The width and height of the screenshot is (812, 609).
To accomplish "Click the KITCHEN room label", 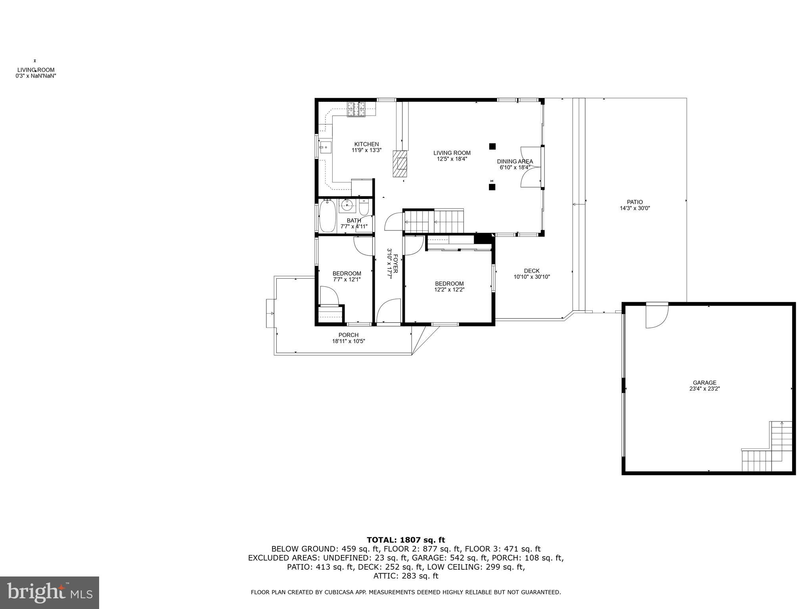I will (366, 144).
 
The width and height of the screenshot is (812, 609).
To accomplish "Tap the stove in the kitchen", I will (356, 109).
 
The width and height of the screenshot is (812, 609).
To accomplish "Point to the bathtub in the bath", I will (327, 216).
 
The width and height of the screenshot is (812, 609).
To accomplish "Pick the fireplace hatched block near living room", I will (400, 163).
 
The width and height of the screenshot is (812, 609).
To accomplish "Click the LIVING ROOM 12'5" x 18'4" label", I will (452, 156).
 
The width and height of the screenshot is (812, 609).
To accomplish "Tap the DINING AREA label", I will (515, 161).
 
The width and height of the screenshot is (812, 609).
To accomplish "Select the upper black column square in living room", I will (492, 146).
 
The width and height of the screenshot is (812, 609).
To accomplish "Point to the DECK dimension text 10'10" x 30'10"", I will (532, 277).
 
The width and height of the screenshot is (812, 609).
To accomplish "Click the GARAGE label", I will (705, 383).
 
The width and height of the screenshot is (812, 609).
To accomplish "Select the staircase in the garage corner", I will (767, 448).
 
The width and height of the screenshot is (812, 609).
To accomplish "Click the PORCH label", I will (349, 335).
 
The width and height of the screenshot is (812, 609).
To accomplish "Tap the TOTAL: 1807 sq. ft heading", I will (406, 540).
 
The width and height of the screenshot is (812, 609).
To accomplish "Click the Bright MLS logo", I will (50, 592).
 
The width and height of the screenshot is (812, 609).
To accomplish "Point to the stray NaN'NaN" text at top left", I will (36, 75).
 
